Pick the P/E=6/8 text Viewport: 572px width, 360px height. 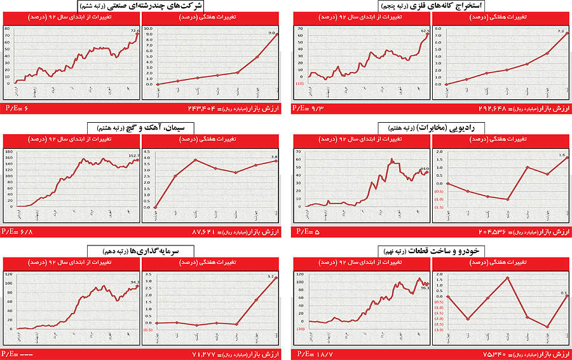pos(17,232)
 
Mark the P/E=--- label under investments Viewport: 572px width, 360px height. pos(17,354)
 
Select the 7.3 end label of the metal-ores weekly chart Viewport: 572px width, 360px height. pos(561,31)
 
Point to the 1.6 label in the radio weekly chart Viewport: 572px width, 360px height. pos(562,155)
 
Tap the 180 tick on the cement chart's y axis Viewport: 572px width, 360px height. pos(8,151)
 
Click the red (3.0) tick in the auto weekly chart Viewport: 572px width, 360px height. pos(438,330)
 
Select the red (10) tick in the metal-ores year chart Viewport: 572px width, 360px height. pos(299,84)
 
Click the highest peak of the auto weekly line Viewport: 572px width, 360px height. pos(507,278)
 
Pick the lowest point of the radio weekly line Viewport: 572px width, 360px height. pos(507,200)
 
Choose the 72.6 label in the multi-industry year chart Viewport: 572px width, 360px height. pos(135,30)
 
